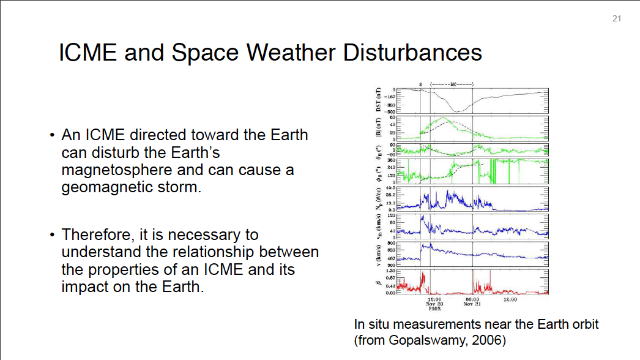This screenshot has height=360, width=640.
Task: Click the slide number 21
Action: [x=616, y=19]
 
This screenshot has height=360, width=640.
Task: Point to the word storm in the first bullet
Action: [x=182, y=187]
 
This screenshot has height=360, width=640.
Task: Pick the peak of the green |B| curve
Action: [x=445, y=119]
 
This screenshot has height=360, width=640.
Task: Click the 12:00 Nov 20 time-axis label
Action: [x=434, y=302]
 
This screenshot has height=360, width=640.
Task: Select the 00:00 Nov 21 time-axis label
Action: [x=472, y=302]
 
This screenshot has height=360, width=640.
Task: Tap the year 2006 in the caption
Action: [x=487, y=340]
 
